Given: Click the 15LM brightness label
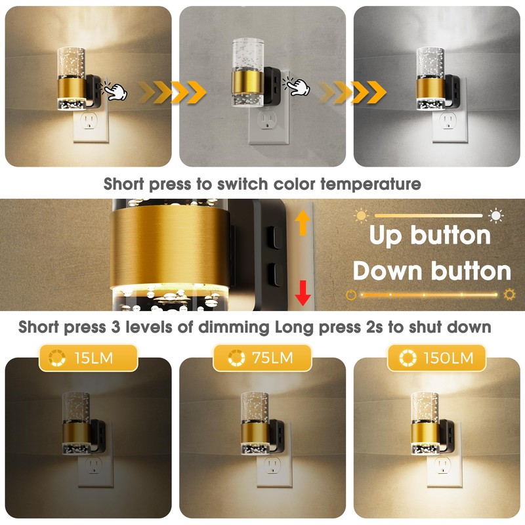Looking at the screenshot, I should pyautogui.click(x=89, y=358).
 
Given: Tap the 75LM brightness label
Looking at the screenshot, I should pyautogui.click(x=262, y=358).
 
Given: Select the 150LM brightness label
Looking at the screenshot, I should pyautogui.click(x=436, y=358).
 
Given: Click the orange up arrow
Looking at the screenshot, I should pyautogui.click(x=303, y=223).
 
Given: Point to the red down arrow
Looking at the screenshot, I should pyautogui.click(x=303, y=291).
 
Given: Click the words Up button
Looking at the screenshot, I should pyautogui.click(x=430, y=236).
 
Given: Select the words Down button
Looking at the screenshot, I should pyautogui.click(x=432, y=270).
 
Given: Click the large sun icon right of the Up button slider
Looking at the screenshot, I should pyautogui.click(x=495, y=215).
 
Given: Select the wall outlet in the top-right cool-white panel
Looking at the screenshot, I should pyautogui.click(x=449, y=121).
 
